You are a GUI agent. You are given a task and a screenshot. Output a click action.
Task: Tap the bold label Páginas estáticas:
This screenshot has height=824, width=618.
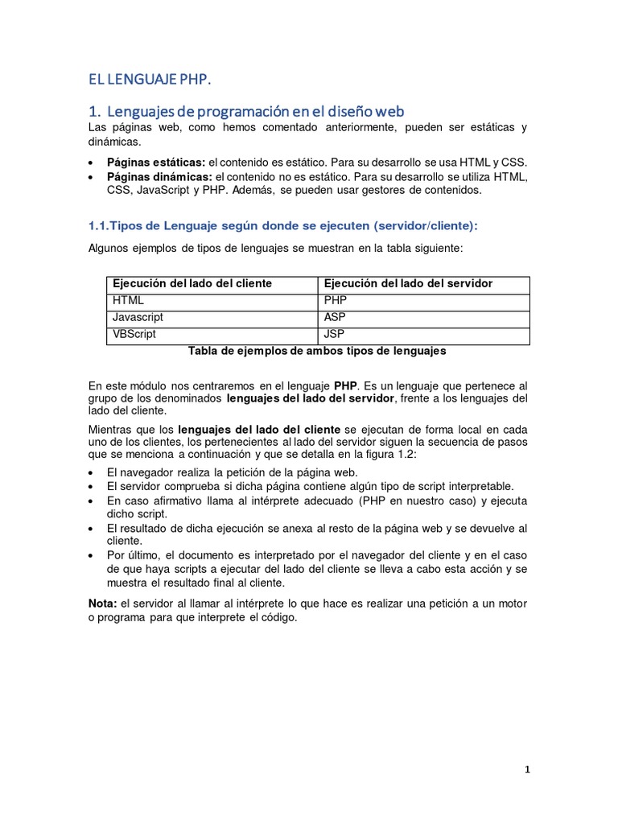tap(156, 162)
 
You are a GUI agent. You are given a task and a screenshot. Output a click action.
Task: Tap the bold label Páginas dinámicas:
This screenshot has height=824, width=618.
tap(159, 176)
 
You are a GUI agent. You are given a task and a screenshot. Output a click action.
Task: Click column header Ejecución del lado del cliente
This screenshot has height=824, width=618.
tap(192, 283)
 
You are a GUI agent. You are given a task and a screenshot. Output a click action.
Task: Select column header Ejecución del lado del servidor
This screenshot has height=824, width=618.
tap(407, 283)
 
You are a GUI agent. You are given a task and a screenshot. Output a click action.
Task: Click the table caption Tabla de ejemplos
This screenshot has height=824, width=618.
tap(316, 351)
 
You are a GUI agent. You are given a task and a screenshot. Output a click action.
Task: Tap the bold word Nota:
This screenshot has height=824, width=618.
tap(102, 604)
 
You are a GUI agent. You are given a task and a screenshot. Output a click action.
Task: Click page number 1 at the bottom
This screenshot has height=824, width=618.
tap(527, 769)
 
